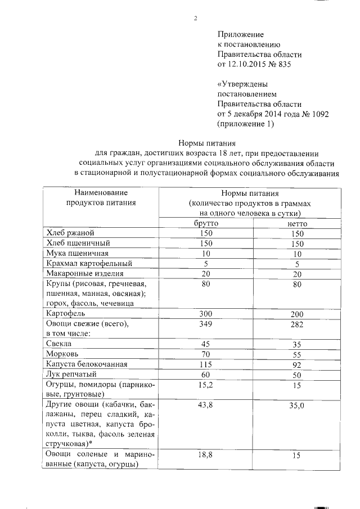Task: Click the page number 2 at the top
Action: coord(195,19)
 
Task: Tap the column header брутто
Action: coord(205,223)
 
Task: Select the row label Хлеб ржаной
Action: coord(67,233)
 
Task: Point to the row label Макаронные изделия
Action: coord(81,273)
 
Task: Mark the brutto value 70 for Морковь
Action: coord(206,354)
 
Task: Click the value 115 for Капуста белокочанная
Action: coord(206,364)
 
